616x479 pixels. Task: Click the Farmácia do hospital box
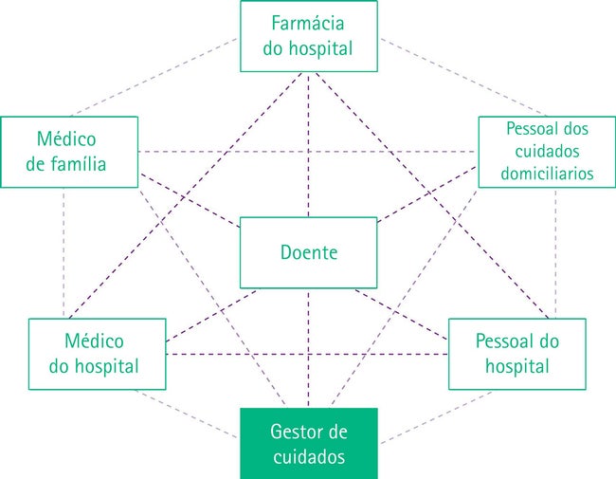tap(309, 36)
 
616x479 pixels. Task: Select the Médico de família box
tap(69, 152)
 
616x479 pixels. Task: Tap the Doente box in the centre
tap(308, 252)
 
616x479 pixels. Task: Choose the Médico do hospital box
tap(98, 354)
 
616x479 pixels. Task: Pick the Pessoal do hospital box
tap(517, 354)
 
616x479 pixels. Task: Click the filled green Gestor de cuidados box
tap(309, 444)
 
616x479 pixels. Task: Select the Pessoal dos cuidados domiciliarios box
tap(547, 152)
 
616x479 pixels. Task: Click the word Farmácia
tap(308, 23)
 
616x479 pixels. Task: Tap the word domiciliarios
tap(547, 174)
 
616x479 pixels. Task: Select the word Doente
tap(309, 252)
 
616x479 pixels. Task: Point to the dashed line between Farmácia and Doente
tap(308, 145)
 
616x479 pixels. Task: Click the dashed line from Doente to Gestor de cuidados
tap(308, 348)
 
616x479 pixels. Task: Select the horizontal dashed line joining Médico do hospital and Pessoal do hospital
tap(307, 355)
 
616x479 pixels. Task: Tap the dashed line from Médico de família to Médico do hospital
tap(63, 253)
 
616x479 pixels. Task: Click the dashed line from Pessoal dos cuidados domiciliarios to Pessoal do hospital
tap(555, 253)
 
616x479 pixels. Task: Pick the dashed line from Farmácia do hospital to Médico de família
tap(154, 77)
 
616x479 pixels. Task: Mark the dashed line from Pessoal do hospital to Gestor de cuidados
tap(436, 417)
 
